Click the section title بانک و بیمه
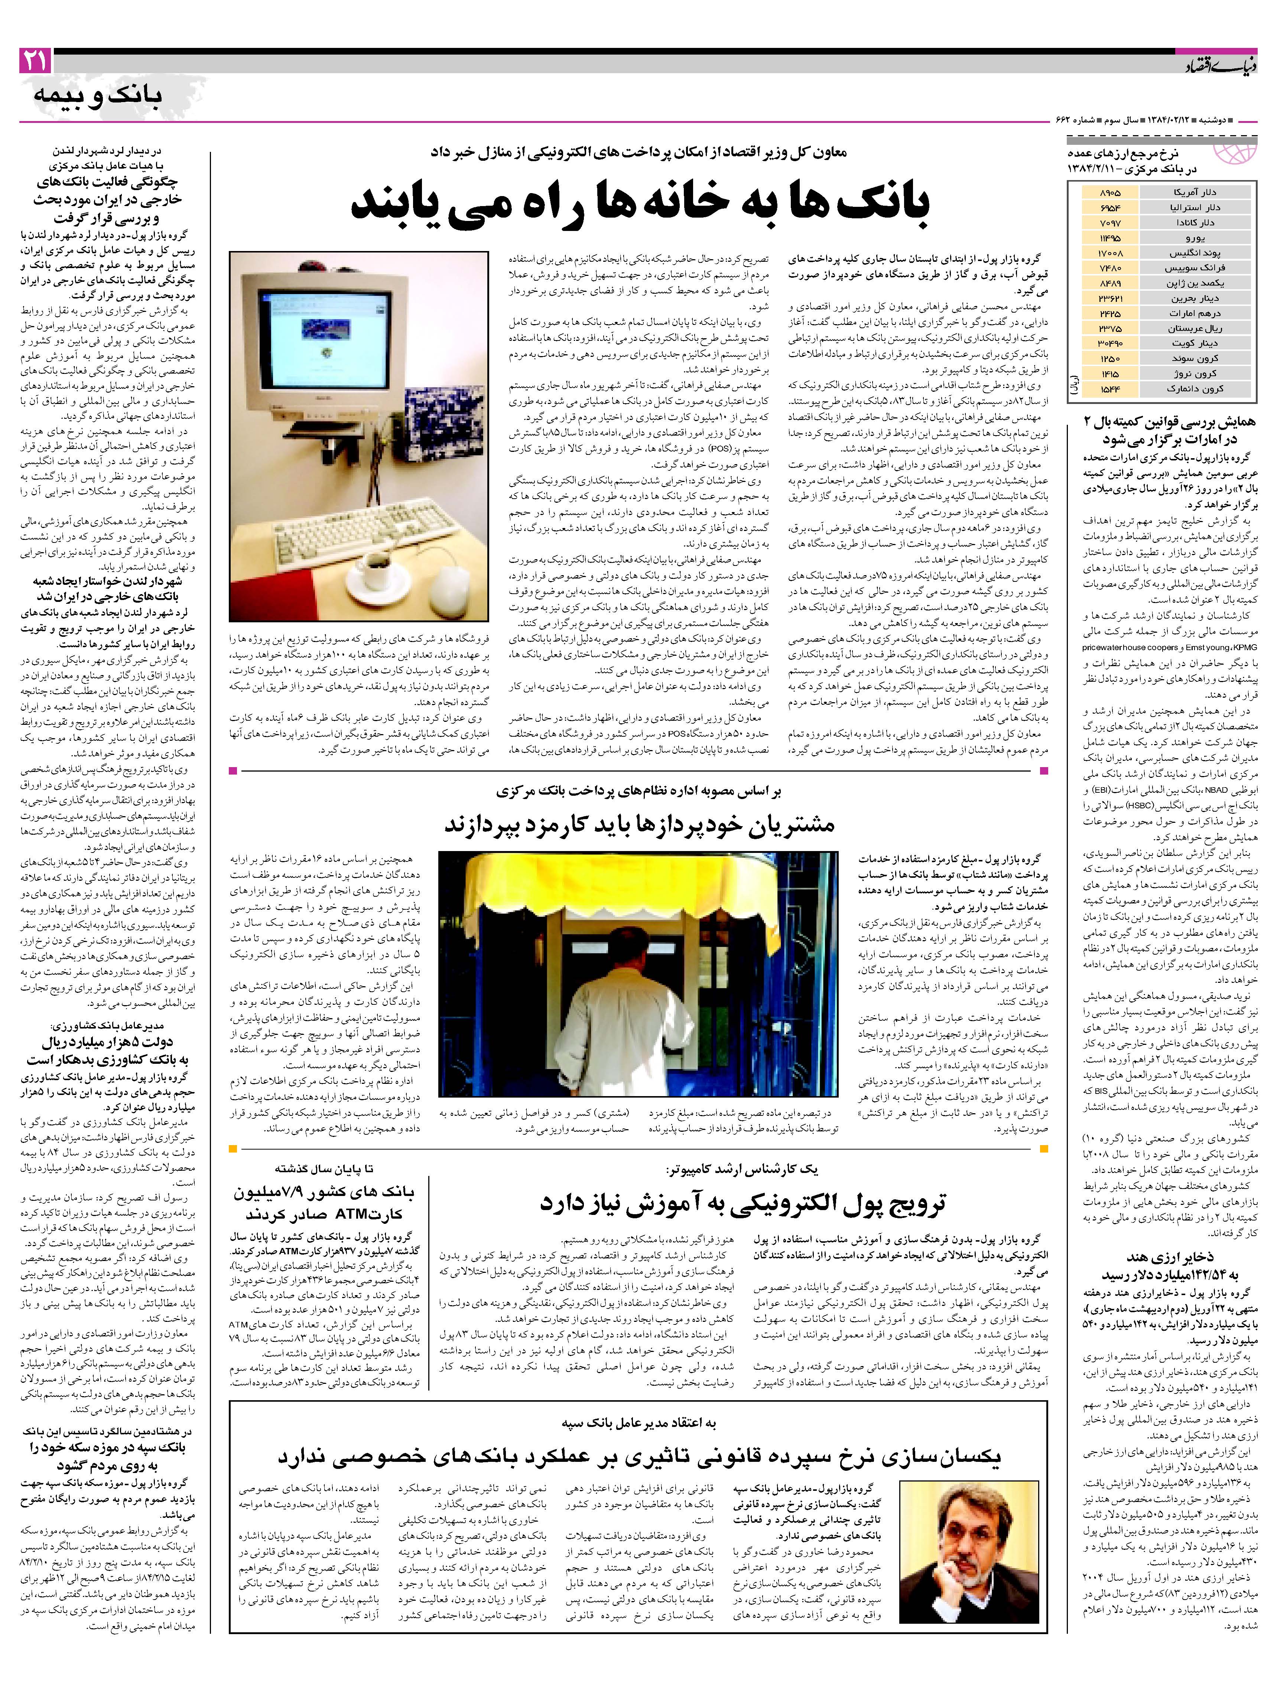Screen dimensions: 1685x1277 98,95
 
